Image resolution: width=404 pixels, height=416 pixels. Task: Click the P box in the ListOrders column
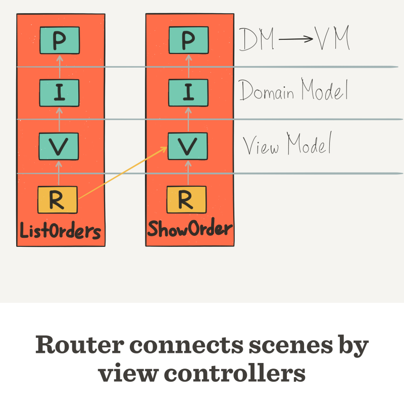point(59,41)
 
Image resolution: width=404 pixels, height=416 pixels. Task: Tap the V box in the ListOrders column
point(59,146)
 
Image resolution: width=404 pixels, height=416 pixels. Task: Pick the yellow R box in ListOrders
point(58,200)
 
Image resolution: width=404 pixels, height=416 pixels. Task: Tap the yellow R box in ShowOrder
point(186,200)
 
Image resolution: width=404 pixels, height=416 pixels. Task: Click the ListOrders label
point(60,231)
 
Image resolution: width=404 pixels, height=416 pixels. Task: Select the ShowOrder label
point(189,229)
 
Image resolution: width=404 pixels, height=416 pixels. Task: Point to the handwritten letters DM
point(257,40)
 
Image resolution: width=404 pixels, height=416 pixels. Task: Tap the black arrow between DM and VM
point(295,41)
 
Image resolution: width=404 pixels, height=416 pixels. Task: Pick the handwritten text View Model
point(287,145)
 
